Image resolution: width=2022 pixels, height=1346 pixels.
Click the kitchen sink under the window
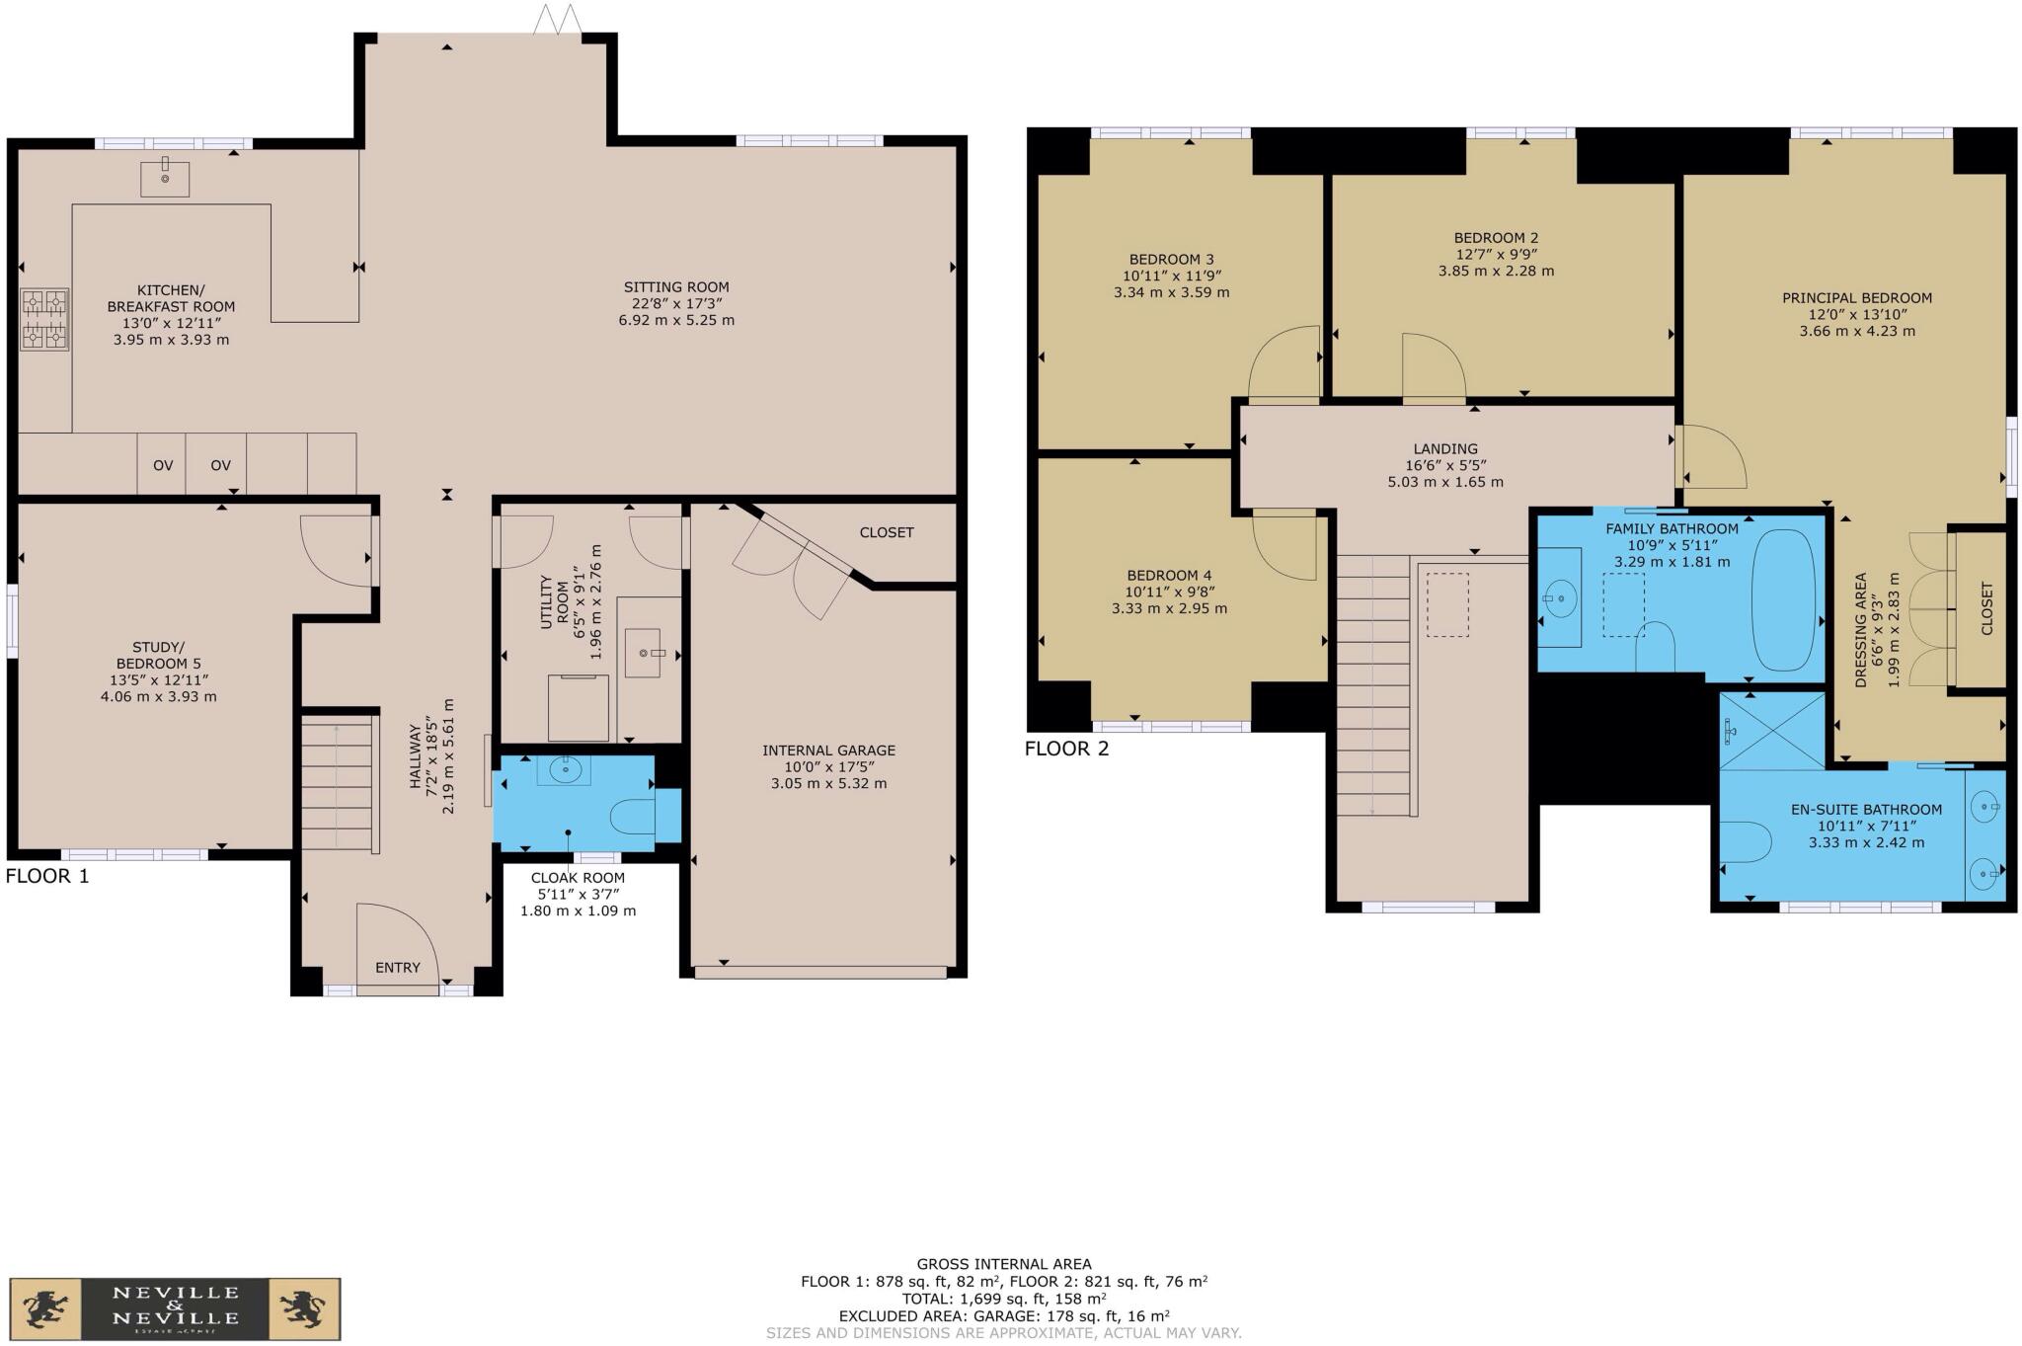tap(165, 178)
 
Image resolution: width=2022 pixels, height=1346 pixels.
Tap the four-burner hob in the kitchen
tap(45, 319)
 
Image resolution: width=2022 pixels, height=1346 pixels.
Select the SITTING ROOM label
tap(676, 287)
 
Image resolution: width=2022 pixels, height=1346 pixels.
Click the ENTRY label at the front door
tap(397, 968)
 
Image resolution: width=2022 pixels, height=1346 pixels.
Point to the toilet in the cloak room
tap(633, 816)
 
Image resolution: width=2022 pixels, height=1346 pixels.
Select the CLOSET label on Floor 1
tap(886, 532)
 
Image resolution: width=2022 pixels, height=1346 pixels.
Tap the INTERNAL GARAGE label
tap(828, 751)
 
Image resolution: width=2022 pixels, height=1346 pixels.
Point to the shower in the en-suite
tap(1772, 731)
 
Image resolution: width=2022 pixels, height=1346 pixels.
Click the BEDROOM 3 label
tap(1171, 260)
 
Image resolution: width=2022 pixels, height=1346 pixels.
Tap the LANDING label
tap(1445, 448)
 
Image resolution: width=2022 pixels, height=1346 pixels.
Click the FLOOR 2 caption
tap(1066, 749)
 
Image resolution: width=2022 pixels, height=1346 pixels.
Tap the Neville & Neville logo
tap(175, 1309)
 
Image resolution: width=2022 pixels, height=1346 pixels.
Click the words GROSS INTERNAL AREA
tap(1004, 1264)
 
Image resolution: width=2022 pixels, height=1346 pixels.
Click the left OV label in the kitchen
tap(163, 465)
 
